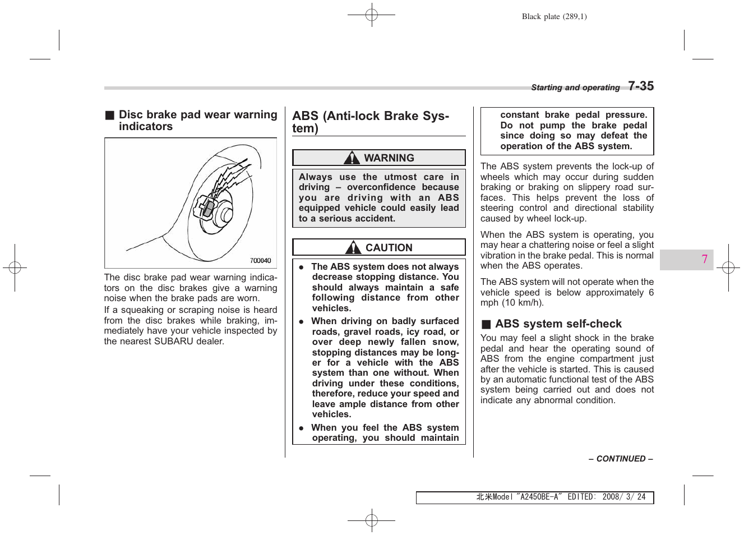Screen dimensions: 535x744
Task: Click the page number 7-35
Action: pyautogui.click(x=640, y=86)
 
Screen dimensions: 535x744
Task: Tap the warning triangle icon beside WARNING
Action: pyautogui.click(x=352, y=158)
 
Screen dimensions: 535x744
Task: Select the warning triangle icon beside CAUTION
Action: pyautogui.click(x=353, y=247)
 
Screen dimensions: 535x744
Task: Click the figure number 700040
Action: pyautogui.click(x=260, y=261)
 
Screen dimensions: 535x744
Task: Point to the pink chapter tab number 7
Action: pyautogui.click(x=704, y=259)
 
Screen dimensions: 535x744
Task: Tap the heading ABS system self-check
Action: pyautogui.click(x=558, y=324)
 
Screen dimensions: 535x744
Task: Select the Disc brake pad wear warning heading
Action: pyautogui.click(x=197, y=120)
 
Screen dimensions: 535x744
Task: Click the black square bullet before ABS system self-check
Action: pyautogui.click(x=486, y=324)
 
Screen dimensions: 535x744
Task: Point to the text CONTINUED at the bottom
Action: pyautogui.click(x=621, y=459)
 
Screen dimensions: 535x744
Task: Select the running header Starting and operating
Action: pyautogui.click(x=575, y=87)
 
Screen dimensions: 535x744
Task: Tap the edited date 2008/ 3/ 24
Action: pyautogui.click(x=623, y=497)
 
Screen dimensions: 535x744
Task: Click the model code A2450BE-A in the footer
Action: pyautogui.click(x=539, y=497)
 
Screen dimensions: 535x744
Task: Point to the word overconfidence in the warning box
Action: pyautogui.click(x=381, y=187)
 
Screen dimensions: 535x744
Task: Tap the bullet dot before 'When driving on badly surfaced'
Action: pyautogui.click(x=301, y=321)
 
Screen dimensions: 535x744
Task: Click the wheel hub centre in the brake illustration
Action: pyautogui.click(x=227, y=215)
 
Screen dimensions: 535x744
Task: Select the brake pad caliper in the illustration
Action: pyautogui.click(x=206, y=208)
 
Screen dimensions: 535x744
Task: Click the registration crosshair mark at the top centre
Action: pyautogui.click(x=371, y=15)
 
